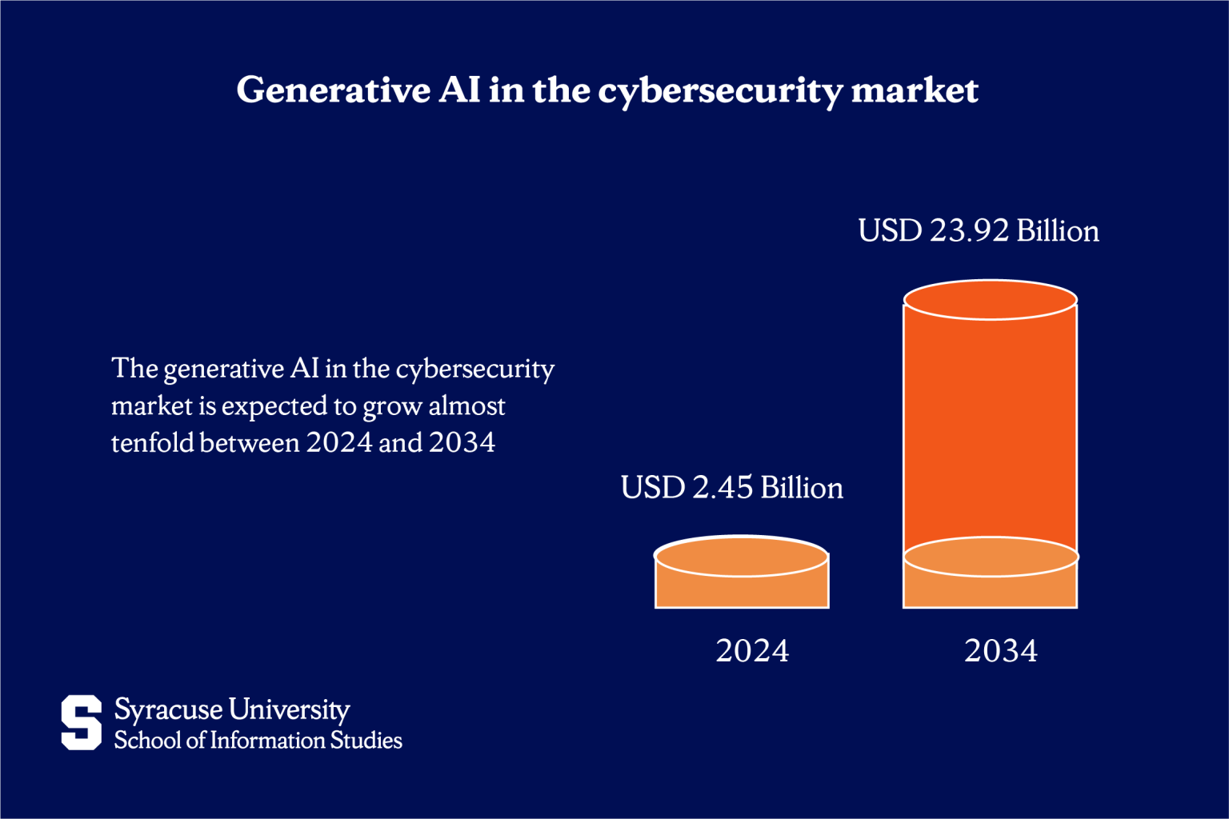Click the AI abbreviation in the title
[459, 90]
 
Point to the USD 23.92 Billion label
[978, 231]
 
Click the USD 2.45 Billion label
[731, 488]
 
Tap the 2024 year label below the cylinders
[751, 651]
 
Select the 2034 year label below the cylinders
[1000, 651]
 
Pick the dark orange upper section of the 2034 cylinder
[990, 424]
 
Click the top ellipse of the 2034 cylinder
[990, 300]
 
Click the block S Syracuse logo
[82, 722]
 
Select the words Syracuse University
[232, 709]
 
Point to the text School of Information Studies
[258, 741]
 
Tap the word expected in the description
[274, 406]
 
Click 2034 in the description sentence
[462, 442]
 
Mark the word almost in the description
[466, 406]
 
